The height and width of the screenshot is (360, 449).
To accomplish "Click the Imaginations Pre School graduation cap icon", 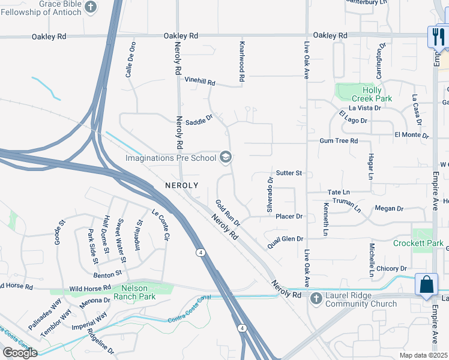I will click(x=226, y=158).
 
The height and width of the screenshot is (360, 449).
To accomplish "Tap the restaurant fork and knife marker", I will click(x=438, y=37).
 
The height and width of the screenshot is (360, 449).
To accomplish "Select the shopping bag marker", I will click(x=426, y=285).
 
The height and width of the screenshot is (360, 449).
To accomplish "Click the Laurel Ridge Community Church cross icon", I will click(x=317, y=295).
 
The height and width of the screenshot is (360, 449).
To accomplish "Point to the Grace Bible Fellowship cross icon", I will click(x=91, y=7).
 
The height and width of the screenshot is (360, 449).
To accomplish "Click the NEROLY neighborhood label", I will click(x=181, y=186).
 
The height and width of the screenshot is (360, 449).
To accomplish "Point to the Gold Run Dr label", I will click(x=228, y=213).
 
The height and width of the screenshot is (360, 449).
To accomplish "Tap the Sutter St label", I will click(x=289, y=173).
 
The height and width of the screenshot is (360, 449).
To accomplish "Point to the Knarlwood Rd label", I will click(x=242, y=62).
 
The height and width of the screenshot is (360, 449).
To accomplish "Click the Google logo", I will click(x=19, y=353).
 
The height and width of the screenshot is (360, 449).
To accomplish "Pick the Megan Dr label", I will click(x=389, y=208).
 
